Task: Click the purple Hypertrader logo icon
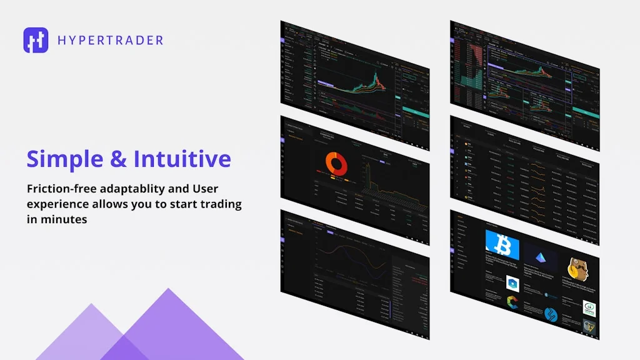[36, 40]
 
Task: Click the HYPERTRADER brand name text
[110, 41]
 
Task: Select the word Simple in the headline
[64, 159]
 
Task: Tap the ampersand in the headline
[117, 159]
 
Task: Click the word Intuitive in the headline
[182, 159]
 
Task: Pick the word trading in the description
[219, 204]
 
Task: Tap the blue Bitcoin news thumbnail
[502, 246]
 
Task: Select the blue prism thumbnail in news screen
[541, 257]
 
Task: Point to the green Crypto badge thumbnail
[589, 308]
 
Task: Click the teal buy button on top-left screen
[415, 112]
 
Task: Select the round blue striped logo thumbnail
[550, 314]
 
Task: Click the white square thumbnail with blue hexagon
[513, 282]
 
